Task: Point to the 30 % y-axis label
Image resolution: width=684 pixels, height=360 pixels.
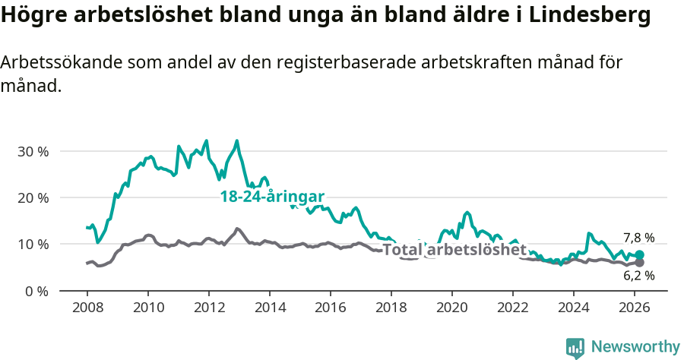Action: pyautogui.click(x=32, y=151)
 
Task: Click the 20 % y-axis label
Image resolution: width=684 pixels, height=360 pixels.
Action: pyautogui.click(x=32, y=197)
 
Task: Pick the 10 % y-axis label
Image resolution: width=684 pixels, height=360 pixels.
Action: pyautogui.click(x=32, y=244)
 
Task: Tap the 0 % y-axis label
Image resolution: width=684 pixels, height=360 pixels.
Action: pyautogui.click(x=36, y=291)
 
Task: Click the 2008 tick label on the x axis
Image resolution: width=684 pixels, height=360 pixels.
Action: pyautogui.click(x=87, y=308)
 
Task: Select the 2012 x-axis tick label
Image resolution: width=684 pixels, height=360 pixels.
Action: pyautogui.click(x=208, y=308)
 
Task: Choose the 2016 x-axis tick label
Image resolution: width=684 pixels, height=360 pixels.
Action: pyautogui.click(x=331, y=308)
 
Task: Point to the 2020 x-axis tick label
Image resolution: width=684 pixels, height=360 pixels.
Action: pyautogui.click(x=452, y=308)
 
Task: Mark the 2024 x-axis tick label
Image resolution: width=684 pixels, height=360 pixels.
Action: pyautogui.click(x=574, y=308)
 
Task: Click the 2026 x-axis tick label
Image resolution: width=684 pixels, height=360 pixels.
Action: pyautogui.click(x=635, y=308)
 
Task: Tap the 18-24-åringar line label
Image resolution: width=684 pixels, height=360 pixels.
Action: pyautogui.click(x=272, y=197)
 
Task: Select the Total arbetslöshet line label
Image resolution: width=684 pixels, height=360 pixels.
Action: pyautogui.click(x=454, y=250)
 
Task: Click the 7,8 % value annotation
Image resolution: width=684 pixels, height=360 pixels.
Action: pyautogui.click(x=638, y=238)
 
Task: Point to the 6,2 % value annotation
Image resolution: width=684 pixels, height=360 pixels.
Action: pyautogui.click(x=638, y=276)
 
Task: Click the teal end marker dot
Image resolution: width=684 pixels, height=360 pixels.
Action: pyautogui.click(x=640, y=255)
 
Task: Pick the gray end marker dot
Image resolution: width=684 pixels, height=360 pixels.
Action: pyautogui.click(x=640, y=263)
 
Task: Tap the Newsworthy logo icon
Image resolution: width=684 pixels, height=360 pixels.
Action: pyautogui.click(x=575, y=347)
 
